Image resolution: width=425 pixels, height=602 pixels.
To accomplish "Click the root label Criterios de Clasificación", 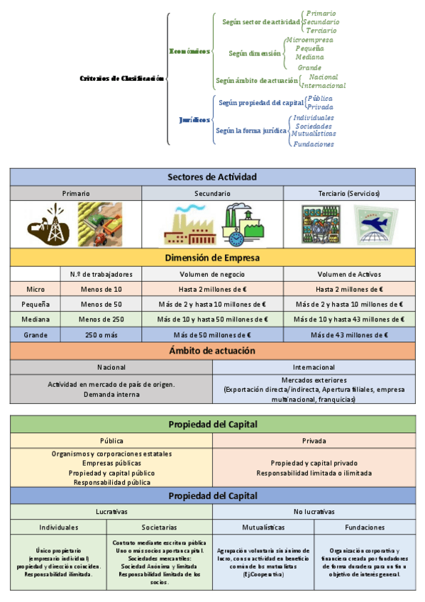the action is pos(121,78).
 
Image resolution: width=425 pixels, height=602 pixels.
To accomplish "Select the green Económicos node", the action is pos(190,51).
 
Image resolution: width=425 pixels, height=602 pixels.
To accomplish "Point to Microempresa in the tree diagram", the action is pos(309,40).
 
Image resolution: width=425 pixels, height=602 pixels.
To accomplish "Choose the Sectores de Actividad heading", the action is pos(212,177).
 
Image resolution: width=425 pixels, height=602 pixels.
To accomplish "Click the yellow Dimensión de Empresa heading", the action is pos(212,257).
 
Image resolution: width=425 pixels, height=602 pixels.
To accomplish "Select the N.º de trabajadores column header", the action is pos(101,274).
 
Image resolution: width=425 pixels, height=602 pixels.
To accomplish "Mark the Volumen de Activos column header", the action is pos(348,274).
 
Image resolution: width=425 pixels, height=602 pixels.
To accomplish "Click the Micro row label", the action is pos(35,289).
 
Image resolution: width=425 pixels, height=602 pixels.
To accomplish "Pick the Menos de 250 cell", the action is pos(101,319).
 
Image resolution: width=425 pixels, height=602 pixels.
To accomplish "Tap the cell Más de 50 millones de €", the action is pos(212,334).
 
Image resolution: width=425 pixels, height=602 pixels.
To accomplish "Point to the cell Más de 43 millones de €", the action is pos(348,334).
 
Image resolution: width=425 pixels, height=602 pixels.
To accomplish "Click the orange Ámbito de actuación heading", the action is pos(212,351).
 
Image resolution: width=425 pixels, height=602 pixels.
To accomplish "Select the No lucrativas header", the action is pos(313,511).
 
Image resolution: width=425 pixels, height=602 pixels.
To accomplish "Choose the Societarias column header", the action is pos(159,527).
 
